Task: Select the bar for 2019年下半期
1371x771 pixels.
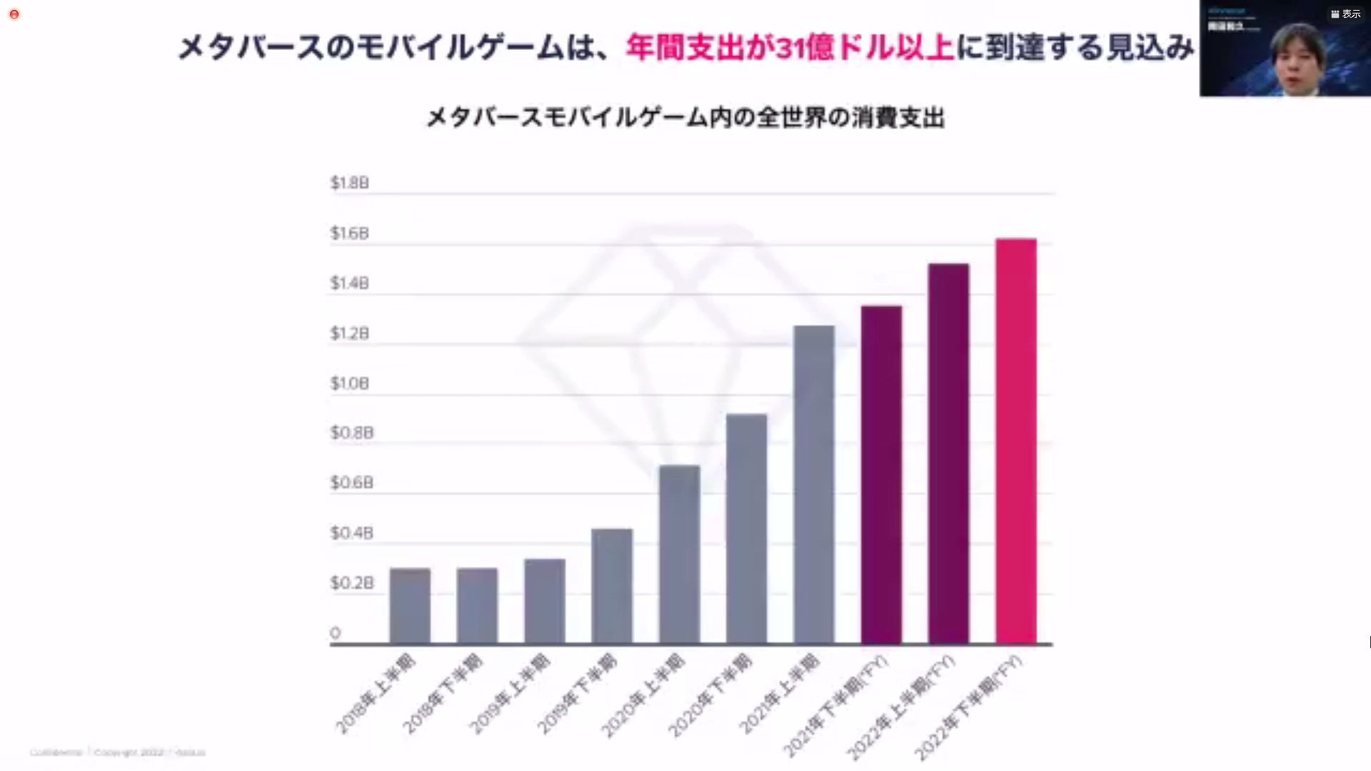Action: click(612, 585)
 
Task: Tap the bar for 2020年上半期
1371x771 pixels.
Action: click(679, 554)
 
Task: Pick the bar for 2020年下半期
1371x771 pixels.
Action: click(746, 528)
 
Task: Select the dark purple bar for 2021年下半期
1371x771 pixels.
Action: click(881, 475)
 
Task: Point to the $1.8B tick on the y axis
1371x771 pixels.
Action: click(349, 183)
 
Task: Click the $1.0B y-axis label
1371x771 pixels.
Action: click(349, 383)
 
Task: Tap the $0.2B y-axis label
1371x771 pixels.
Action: click(351, 583)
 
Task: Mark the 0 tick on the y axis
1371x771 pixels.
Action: click(335, 633)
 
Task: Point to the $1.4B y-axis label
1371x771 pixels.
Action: click(349, 283)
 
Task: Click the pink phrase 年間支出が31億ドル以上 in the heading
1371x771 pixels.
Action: click(790, 47)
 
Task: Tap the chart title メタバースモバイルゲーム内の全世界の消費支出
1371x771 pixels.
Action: click(685, 117)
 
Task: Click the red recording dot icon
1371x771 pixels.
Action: click(14, 14)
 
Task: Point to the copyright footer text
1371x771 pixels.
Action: click(118, 752)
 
